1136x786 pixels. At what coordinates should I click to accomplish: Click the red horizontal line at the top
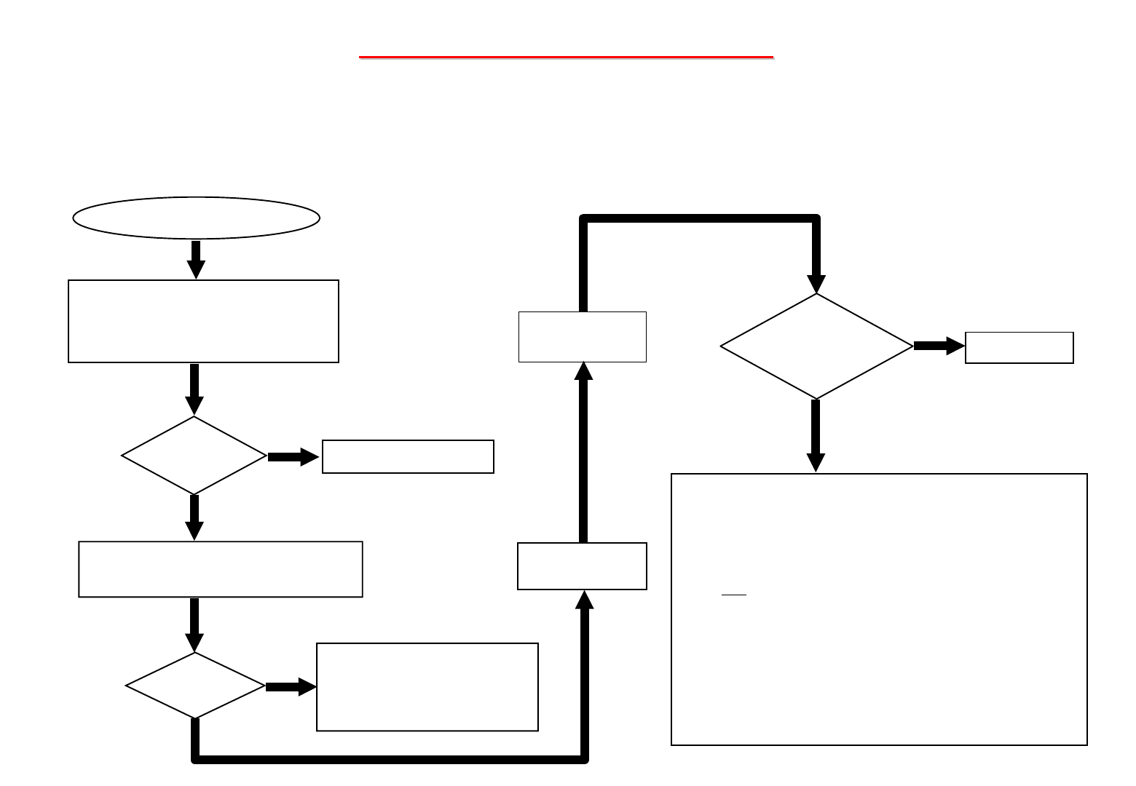pos(566,56)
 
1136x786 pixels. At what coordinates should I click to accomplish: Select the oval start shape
pos(196,217)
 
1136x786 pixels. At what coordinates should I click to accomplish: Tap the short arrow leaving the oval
pos(196,259)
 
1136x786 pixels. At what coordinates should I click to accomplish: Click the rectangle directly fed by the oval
pos(203,321)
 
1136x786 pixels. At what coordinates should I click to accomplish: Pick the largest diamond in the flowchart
pos(816,346)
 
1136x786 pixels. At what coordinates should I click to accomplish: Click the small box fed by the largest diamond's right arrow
pos(1019,347)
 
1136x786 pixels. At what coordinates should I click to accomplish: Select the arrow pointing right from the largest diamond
pos(939,346)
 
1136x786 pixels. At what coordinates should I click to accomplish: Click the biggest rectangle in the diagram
pos(879,609)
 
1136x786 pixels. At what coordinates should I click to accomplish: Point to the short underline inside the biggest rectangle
pos(734,595)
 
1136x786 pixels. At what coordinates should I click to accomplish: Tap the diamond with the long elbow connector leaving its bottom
pos(195,686)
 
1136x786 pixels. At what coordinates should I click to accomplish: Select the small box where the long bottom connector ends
pos(582,565)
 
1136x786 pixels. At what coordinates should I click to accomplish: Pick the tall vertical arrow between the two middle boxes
pos(583,451)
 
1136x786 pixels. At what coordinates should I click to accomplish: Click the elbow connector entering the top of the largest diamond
pos(699,218)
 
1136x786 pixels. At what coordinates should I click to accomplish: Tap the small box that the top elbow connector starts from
pos(582,336)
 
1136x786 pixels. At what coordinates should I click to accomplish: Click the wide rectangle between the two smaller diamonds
pos(220,569)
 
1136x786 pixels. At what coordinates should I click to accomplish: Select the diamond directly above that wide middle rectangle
pos(194,456)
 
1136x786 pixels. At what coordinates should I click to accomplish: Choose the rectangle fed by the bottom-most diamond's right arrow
pos(427,686)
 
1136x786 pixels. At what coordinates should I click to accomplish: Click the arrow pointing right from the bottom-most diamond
pos(290,686)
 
